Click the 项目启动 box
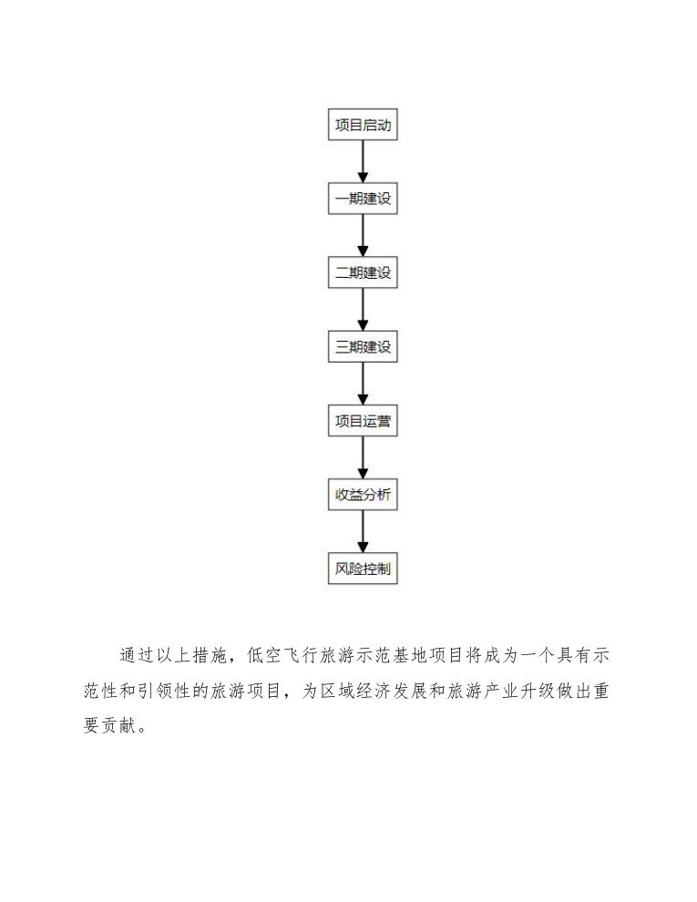click(x=363, y=125)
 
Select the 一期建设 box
click(x=363, y=199)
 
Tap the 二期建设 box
click(x=363, y=272)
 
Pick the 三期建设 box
click(x=363, y=347)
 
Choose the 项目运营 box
click(x=363, y=422)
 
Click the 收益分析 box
click(x=363, y=496)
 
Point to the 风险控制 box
click(x=363, y=569)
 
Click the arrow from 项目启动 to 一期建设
click(x=363, y=162)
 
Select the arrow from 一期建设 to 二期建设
click(x=363, y=236)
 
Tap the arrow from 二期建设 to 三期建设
click(x=363, y=310)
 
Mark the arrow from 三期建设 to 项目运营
click(x=363, y=384)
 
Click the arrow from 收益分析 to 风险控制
click(x=363, y=533)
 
